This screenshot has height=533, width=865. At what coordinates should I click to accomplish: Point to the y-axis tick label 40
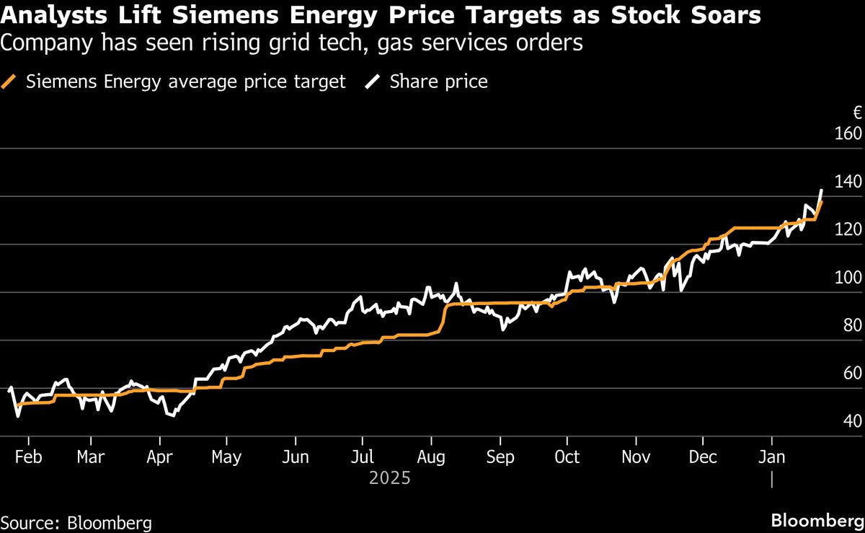(853, 421)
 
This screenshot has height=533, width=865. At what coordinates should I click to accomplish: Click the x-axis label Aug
(430, 457)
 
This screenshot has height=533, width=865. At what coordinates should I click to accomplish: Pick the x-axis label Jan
(772, 457)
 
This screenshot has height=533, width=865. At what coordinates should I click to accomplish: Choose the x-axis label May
(226, 457)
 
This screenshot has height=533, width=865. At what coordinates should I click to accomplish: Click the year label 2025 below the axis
(389, 477)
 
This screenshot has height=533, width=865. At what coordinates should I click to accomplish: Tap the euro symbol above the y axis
(857, 113)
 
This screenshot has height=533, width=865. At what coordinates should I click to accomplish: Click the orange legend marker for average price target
(9, 82)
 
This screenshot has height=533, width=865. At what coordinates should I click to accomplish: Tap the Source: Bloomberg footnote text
(76, 521)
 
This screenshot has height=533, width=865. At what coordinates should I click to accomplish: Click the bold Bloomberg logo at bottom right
(817, 520)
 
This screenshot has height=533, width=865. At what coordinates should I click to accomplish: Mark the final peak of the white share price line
(822, 190)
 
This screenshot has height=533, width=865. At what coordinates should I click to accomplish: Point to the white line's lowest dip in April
(172, 415)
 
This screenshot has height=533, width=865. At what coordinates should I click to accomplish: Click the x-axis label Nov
(635, 457)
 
